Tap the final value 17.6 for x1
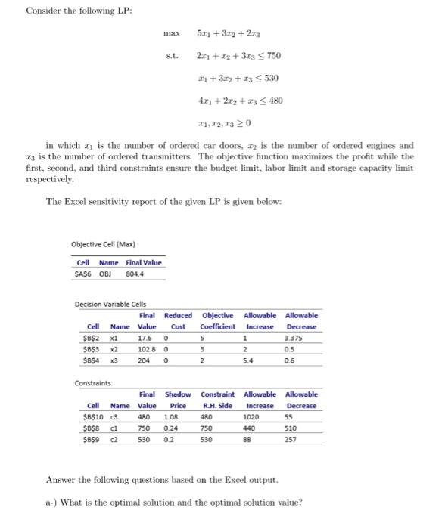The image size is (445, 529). pyautogui.click(x=148, y=339)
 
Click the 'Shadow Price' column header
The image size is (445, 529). pyautogui.click(x=178, y=400)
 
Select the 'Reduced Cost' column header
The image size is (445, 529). pyautogui.click(x=178, y=320)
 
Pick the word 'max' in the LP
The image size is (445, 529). pyautogui.click(x=171, y=34)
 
